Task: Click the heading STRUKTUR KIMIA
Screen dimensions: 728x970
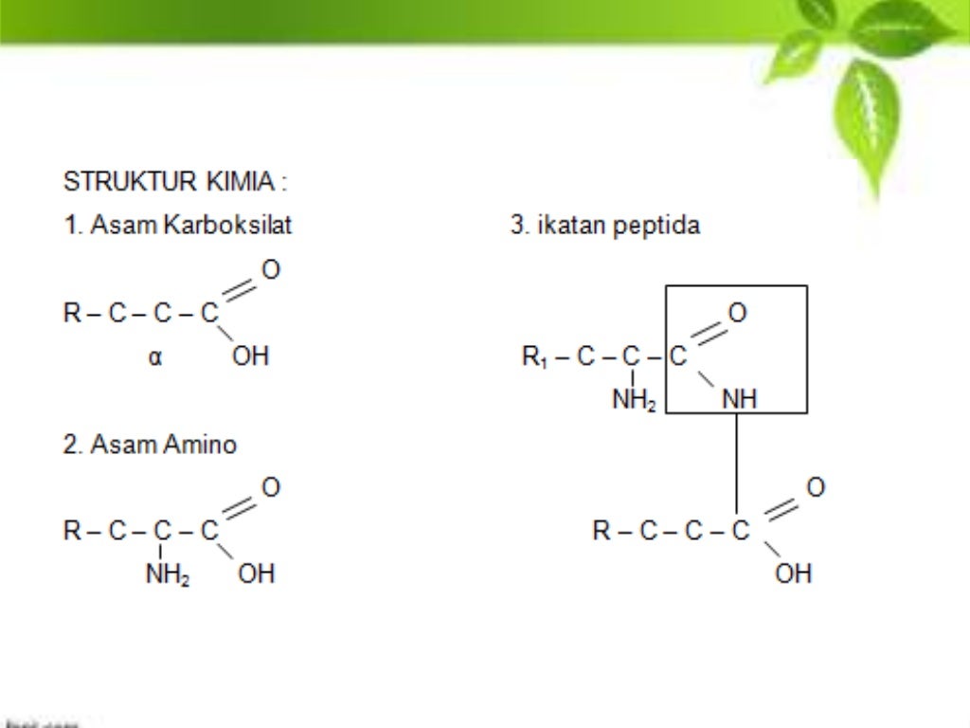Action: click(174, 181)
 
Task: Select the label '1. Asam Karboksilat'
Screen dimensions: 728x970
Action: click(178, 226)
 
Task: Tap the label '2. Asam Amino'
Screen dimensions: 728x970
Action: click(150, 444)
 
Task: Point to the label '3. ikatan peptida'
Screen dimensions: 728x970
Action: click(605, 226)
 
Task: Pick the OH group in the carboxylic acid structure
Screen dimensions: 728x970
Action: click(251, 356)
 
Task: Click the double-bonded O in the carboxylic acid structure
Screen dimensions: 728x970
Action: click(271, 270)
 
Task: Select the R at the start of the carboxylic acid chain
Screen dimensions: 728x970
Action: click(72, 314)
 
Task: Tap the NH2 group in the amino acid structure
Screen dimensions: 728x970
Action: click(167, 574)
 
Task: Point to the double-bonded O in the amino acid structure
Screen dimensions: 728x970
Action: click(271, 487)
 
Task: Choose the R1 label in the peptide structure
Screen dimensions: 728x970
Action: click(534, 357)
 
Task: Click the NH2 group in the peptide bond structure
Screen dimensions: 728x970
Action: click(634, 401)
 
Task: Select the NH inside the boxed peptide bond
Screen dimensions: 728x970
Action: click(740, 401)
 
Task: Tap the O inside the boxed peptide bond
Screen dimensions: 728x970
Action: click(737, 313)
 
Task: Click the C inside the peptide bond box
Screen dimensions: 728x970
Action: click(678, 357)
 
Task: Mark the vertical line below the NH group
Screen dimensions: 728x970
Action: click(737, 464)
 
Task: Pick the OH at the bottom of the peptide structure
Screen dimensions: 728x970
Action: click(794, 573)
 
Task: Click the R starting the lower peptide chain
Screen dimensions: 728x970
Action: click(602, 531)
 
